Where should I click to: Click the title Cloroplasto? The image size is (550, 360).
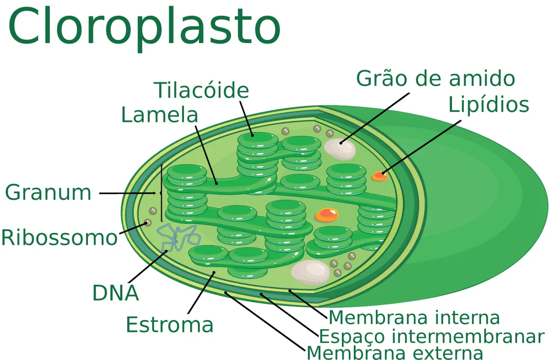point(144,28)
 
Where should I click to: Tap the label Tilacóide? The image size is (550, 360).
point(201,90)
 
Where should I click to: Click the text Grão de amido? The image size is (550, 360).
point(435,78)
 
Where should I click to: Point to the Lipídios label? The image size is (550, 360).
point(489,105)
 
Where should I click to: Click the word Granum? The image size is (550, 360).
point(48,193)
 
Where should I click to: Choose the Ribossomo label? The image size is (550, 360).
point(60,238)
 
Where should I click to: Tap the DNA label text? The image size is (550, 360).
point(115,293)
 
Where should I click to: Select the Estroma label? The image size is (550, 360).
point(170,324)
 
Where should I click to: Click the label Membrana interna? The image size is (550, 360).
point(414,317)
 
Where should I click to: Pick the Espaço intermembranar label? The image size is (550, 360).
point(431,337)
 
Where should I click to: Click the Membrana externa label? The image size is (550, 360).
point(395,353)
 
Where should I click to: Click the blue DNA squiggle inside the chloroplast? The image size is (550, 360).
point(178,238)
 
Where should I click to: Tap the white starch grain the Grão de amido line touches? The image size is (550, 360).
point(340,149)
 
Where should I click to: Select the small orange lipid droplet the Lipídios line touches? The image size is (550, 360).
point(379,176)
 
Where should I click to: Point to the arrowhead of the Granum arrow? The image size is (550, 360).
point(154,193)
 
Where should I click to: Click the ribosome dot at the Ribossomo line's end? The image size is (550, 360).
point(148,223)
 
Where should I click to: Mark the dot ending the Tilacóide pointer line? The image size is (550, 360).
point(253,135)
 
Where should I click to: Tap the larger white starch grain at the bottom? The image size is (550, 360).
point(310,272)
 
